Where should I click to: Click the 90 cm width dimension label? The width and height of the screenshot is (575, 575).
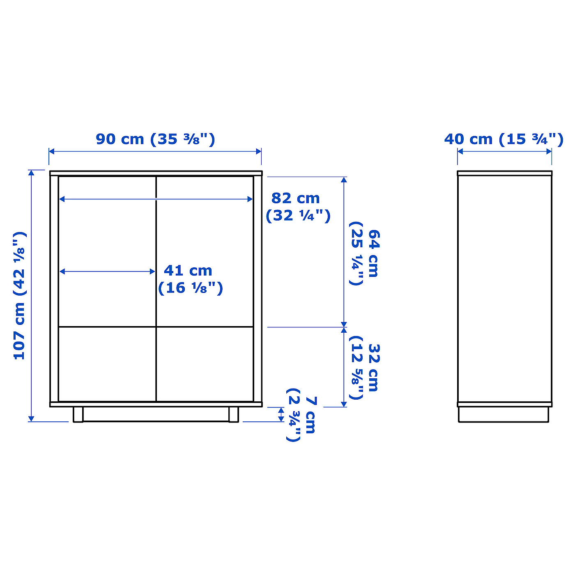155,139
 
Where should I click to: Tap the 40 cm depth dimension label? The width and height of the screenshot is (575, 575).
504,139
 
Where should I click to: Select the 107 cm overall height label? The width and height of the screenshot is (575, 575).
20,295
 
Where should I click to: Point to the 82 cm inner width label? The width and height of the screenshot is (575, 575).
298,207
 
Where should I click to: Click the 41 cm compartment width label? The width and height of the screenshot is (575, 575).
191,279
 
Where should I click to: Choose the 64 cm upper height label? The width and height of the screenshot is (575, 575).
364,253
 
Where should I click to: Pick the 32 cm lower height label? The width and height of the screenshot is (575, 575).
364,368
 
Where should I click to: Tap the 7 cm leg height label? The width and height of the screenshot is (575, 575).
301,415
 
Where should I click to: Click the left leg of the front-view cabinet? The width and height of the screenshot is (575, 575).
78,414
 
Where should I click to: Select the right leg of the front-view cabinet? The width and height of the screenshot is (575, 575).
234,414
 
